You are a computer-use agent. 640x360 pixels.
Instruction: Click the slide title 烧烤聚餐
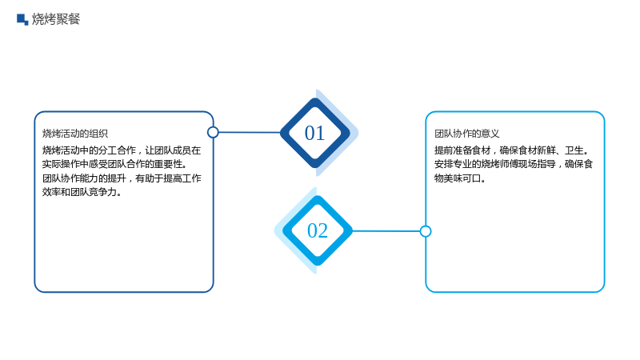[56, 19]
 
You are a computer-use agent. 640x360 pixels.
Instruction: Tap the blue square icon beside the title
[22, 19]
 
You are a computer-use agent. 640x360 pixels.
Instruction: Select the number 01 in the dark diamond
[314, 133]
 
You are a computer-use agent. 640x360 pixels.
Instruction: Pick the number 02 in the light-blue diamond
[318, 230]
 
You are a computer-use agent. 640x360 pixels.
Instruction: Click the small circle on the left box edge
[213, 132]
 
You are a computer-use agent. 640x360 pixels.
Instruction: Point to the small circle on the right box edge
[426, 231]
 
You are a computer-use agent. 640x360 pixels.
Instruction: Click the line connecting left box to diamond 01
[250, 132]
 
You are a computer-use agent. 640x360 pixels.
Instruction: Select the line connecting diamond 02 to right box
[386, 231]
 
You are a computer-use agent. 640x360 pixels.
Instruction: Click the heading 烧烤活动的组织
[75, 134]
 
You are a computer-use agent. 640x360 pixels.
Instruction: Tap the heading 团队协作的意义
[467, 134]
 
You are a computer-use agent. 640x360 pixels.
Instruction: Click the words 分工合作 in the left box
[117, 150]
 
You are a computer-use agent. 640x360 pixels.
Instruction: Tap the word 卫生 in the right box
[574, 150]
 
